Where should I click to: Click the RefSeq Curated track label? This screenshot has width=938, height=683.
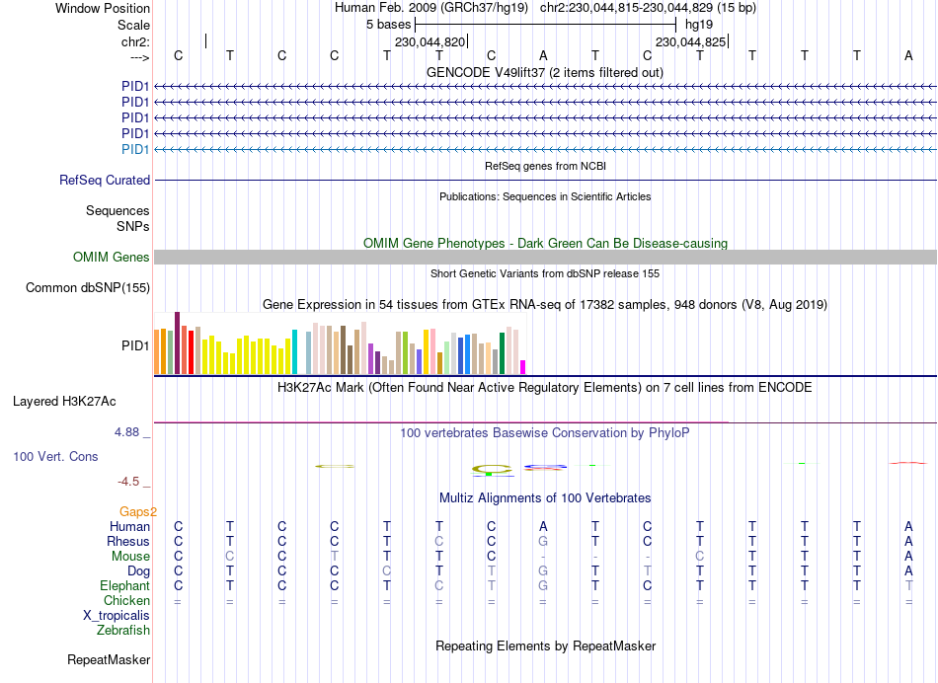(x=105, y=181)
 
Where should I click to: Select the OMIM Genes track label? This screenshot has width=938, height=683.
(x=112, y=258)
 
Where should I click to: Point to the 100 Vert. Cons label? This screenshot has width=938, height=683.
(x=55, y=457)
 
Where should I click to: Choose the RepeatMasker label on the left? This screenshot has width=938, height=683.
(x=109, y=659)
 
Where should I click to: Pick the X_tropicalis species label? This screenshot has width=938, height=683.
(x=117, y=615)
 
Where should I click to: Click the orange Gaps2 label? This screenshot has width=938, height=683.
(x=138, y=511)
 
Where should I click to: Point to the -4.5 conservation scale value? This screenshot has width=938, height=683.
(x=129, y=482)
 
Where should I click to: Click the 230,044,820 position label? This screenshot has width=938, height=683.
(x=430, y=42)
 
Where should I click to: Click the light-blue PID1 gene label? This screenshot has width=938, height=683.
(x=135, y=149)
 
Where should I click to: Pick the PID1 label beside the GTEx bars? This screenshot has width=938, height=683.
(x=135, y=346)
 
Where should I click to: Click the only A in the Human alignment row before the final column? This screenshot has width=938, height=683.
(x=543, y=526)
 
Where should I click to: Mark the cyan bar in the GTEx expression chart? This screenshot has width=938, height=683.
(x=294, y=352)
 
